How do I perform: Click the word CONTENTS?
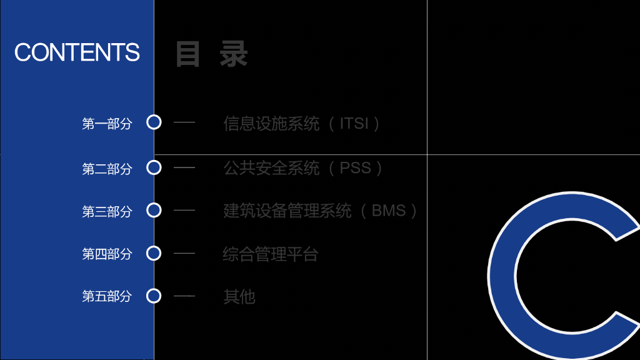(x=77, y=52)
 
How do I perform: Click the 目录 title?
(x=212, y=54)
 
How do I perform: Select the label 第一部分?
(x=107, y=124)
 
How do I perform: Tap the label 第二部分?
(x=107, y=169)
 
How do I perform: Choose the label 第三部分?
(x=107, y=212)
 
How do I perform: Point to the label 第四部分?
(x=107, y=254)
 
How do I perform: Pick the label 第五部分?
(x=107, y=296)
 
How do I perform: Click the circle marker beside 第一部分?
(x=154, y=122)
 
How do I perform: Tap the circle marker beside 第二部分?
(x=154, y=167)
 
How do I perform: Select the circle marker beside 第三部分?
(x=154, y=211)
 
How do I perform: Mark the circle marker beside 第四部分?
(x=154, y=253)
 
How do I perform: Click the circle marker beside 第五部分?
(x=154, y=296)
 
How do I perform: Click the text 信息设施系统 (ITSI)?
(x=302, y=123)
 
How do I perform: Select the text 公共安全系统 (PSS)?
(x=304, y=168)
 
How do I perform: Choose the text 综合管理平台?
(x=271, y=254)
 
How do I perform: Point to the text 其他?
(x=239, y=297)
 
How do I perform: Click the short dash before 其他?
(x=184, y=296)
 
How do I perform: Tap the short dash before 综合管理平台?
(x=184, y=253)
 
